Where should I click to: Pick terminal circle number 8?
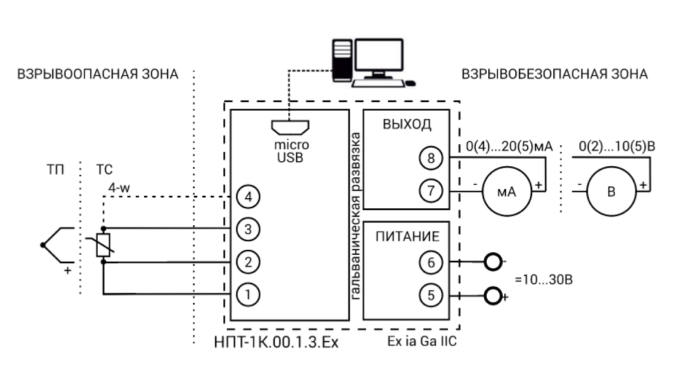click(x=431, y=158)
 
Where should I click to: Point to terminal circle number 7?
click(x=431, y=191)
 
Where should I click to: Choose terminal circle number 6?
click(x=431, y=261)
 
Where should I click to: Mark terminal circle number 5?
click(x=431, y=294)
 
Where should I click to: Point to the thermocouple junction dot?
click(x=44, y=245)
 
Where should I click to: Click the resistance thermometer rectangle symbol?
click(x=103, y=245)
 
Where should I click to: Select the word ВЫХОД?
click(x=407, y=124)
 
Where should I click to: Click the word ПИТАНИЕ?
click(x=408, y=236)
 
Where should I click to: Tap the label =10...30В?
click(x=544, y=279)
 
